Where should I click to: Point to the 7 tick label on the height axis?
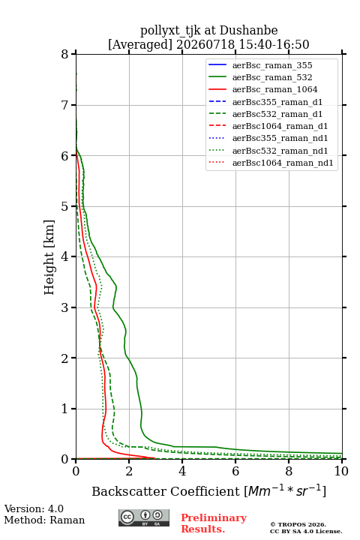click(64, 105)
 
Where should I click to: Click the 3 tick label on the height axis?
click(64, 307)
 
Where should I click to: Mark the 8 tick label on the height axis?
click(64, 55)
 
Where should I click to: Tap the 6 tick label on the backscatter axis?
click(235, 471)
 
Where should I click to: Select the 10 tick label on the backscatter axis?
click(341, 471)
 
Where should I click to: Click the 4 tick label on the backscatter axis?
click(182, 471)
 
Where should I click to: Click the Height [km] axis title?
click(49, 257)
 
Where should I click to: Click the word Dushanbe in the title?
click(248, 31)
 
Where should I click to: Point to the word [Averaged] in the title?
click(140, 44)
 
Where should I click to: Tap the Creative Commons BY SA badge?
click(144, 517)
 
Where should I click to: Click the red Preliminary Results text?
click(214, 523)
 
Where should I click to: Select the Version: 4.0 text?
click(34, 508)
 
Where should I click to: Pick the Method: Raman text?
click(44, 520)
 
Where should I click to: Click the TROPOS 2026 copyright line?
click(298, 524)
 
